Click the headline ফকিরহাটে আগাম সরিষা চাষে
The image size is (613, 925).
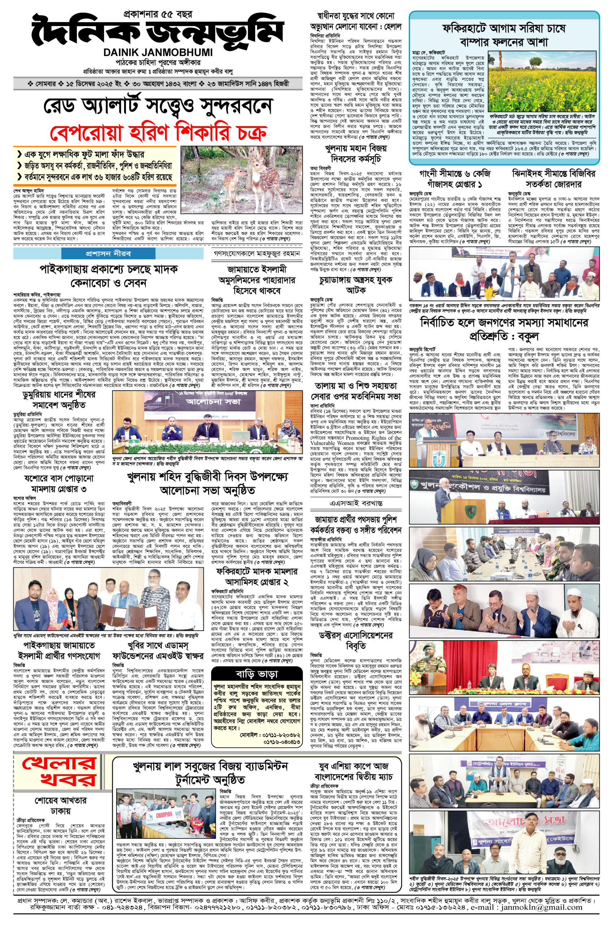pos(504,29)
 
